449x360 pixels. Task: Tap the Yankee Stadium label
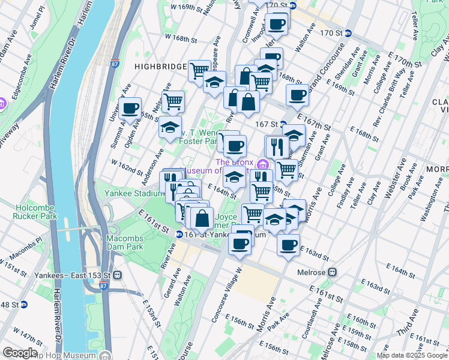134,194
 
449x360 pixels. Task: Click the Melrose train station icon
330,272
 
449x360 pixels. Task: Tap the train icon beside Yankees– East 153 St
117,275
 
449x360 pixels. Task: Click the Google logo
20,353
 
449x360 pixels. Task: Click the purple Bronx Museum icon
262,164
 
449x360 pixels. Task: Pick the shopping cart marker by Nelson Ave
173,101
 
